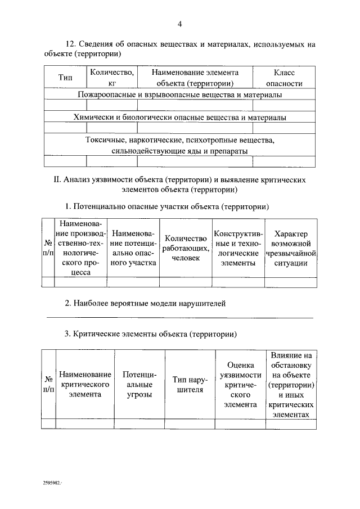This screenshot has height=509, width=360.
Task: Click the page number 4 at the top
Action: [179, 24]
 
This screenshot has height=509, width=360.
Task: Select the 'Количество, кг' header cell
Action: [111, 78]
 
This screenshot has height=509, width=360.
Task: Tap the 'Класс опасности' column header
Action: [283, 78]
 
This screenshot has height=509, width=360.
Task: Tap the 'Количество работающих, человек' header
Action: [186, 248]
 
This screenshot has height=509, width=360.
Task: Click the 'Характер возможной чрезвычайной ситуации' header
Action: [291, 248]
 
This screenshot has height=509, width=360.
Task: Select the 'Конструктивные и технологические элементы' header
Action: [236, 248]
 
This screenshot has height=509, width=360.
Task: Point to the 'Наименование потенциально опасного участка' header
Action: [133, 248]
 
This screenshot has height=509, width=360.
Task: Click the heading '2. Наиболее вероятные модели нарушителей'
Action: [145, 303]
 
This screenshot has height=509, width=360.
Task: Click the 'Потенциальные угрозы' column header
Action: [138, 384]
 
